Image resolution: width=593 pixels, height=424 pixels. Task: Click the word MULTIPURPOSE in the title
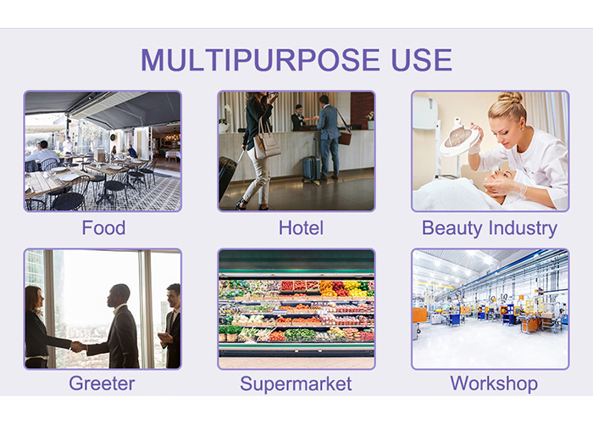click(x=260, y=60)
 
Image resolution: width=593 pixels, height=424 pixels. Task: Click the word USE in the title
click(x=422, y=60)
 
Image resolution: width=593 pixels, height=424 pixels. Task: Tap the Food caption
click(x=103, y=228)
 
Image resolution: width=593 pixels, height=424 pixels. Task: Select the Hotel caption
click(x=301, y=228)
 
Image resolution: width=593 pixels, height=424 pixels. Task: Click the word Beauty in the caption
click(x=452, y=229)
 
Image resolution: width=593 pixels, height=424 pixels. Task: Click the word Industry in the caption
click(x=523, y=229)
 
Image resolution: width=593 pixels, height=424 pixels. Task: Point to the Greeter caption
click(x=102, y=383)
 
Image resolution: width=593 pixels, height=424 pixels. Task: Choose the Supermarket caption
click(x=296, y=384)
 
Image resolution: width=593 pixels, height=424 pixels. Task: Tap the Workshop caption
click(x=494, y=384)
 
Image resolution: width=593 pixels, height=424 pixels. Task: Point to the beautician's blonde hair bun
click(x=510, y=98)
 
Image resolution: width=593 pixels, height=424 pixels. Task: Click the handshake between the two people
click(x=78, y=346)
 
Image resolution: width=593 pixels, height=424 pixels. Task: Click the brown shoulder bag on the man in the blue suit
click(x=344, y=137)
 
